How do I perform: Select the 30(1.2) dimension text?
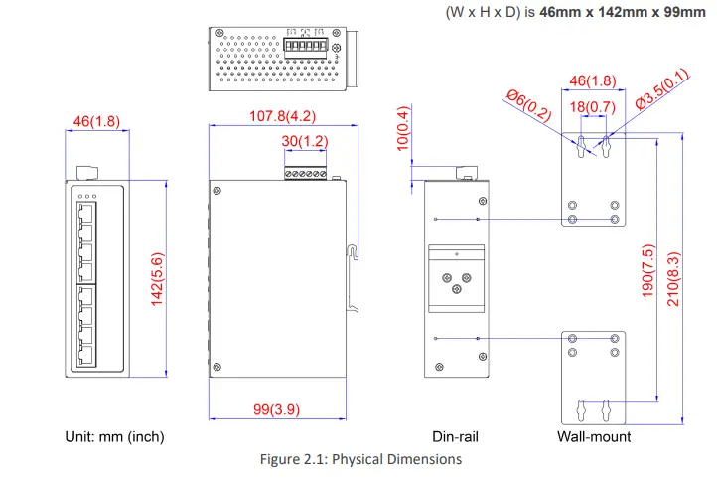304,142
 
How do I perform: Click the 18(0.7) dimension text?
591,106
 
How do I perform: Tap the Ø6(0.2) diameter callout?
527,104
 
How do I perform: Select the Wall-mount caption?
594,436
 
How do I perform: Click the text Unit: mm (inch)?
114,436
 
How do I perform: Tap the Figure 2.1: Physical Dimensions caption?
359,459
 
